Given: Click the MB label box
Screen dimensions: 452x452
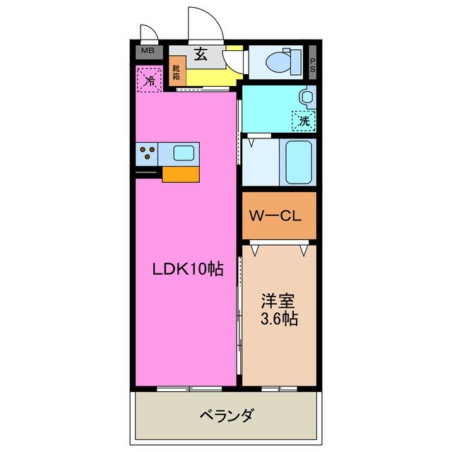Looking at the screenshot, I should tap(148, 51).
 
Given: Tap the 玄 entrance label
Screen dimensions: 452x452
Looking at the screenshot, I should tap(201, 52).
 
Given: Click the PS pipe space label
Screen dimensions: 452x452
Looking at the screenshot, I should tap(312, 63).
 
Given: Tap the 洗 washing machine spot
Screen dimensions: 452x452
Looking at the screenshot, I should tap(304, 120).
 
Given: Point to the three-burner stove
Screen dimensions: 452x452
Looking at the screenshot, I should tap(148, 153).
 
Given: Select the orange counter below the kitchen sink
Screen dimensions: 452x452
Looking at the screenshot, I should tap(182, 174).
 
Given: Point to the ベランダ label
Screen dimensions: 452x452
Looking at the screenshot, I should tap(226, 415).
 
